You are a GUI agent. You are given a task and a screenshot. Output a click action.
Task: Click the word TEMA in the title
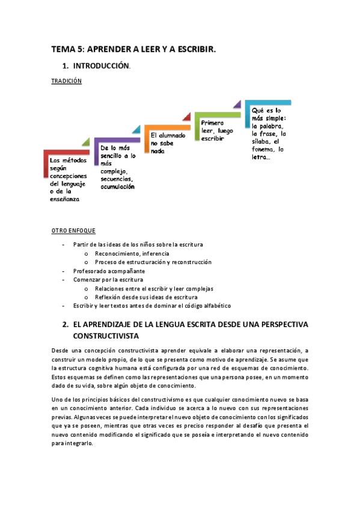61,51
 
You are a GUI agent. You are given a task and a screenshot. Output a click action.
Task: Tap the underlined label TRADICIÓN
66,81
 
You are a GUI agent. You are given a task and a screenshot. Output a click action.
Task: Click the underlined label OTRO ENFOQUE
73,231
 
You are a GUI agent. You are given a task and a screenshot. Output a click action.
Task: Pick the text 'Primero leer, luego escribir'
217,130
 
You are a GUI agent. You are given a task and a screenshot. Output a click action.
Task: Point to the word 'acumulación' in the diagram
117,187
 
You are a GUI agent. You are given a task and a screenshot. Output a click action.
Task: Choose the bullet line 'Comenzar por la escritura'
108,280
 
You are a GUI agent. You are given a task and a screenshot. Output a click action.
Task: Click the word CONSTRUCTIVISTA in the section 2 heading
106,335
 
